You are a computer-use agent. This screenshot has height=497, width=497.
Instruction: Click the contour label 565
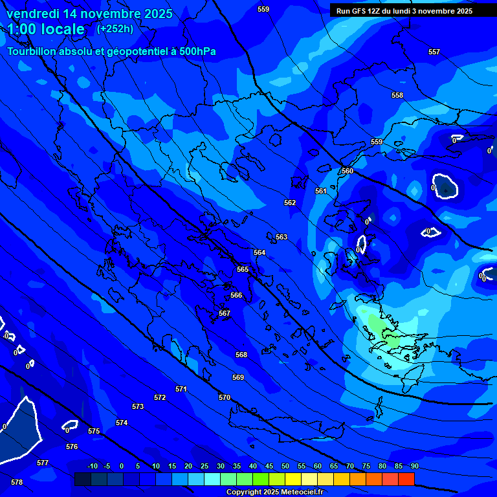(243, 269)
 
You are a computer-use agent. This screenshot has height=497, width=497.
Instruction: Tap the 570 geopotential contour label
(225, 397)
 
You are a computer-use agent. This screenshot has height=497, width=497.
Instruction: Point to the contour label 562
(290, 203)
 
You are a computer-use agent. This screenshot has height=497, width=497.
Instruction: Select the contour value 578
(17, 482)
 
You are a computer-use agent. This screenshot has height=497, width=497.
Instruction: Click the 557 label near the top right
(434, 52)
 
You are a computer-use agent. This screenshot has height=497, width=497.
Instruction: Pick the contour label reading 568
(241, 355)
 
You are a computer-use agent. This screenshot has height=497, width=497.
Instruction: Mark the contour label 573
(138, 406)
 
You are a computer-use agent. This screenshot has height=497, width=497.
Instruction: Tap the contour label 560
(348, 171)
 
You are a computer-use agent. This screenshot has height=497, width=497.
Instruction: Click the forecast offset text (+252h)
(115, 29)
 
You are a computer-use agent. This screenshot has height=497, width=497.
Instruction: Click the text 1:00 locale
(46, 29)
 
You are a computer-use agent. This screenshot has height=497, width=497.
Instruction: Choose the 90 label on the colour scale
(414, 466)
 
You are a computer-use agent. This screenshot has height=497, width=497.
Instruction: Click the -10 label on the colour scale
(92, 466)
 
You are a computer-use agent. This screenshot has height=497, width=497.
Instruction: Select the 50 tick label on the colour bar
(285, 466)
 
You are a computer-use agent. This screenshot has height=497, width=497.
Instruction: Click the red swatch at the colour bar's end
(406, 479)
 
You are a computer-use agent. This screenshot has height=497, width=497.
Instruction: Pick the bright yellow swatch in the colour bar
(293, 479)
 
